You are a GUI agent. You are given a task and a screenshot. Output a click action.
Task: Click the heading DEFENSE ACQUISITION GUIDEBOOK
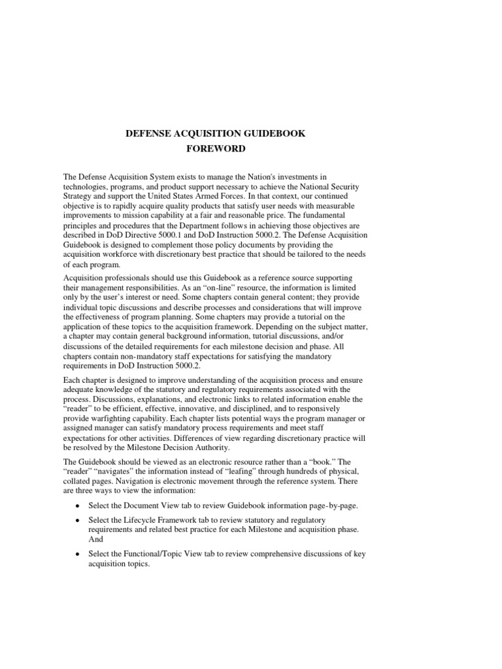[x=215, y=133]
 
